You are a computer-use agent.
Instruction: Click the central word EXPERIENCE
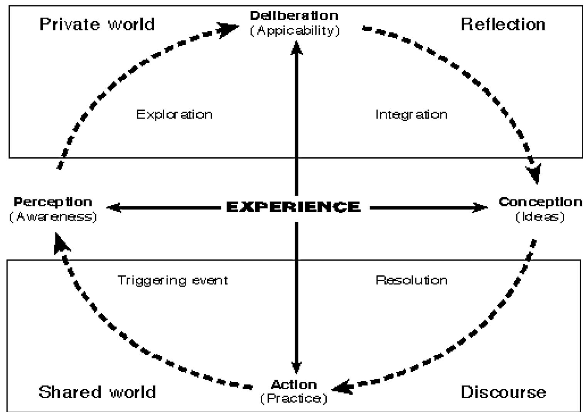tap(293, 207)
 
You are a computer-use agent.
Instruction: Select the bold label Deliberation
tap(294, 16)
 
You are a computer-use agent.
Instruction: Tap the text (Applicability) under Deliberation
tap(295, 30)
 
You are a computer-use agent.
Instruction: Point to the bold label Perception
tap(53, 202)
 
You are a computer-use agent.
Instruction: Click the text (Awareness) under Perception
tap(53, 217)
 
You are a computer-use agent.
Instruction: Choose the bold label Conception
tap(540, 202)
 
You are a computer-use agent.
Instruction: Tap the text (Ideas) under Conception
tap(540, 217)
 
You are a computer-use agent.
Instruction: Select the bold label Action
tap(294, 384)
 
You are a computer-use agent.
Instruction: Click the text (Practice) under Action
tap(294, 398)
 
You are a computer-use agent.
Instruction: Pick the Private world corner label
tap(97, 24)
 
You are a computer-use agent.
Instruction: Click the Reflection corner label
tap(503, 24)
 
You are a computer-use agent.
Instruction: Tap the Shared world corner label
tap(97, 392)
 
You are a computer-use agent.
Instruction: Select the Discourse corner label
tap(503, 392)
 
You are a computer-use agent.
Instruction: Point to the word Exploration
tap(174, 115)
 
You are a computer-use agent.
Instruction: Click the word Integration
tap(412, 115)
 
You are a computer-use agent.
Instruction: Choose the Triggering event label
tap(172, 280)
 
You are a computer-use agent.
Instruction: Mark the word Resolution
tap(412, 280)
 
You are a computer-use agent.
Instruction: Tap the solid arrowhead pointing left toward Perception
tap(114, 208)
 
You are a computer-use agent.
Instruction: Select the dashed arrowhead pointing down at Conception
tap(535, 174)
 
